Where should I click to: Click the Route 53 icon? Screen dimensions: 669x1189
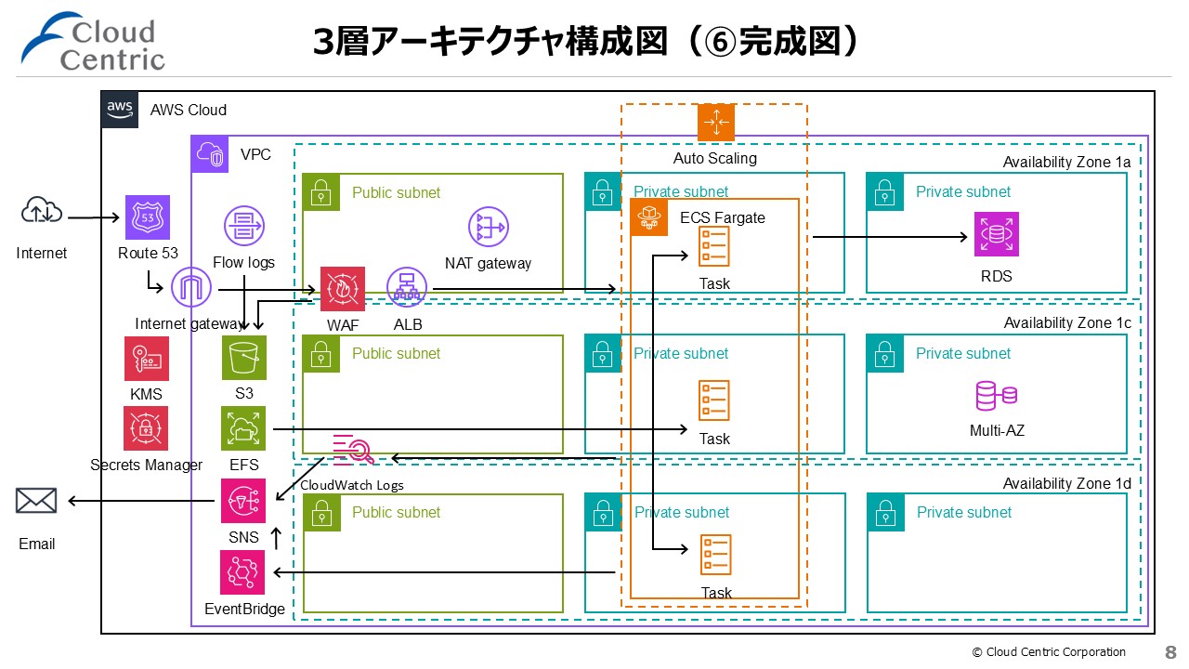(148, 217)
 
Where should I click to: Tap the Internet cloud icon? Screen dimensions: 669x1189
(42, 213)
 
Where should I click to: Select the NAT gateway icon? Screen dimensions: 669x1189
(488, 227)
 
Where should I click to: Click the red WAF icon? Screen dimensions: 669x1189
(343, 289)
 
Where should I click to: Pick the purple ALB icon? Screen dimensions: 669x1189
(406, 289)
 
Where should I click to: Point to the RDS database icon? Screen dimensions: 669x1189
(997, 234)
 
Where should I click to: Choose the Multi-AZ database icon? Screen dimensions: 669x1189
(996, 396)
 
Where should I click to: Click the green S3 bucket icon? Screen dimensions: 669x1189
(244, 358)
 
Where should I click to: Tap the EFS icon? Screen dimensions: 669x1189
(244, 428)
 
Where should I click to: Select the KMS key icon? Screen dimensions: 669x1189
(147, 359)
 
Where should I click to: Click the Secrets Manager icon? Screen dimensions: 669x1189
(147, 428)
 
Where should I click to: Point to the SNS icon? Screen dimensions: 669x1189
(243, 501)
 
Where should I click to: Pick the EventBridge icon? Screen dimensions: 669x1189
(242, 572)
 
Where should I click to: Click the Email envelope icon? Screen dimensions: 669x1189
(36, 502)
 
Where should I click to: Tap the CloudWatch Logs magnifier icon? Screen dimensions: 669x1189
(353, 449)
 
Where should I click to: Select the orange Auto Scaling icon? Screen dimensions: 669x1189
(715, 123)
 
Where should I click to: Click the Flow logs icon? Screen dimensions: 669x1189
(245, 227)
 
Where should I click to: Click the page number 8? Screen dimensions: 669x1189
(1170, 652)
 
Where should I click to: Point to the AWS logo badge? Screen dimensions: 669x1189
(120, 109)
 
